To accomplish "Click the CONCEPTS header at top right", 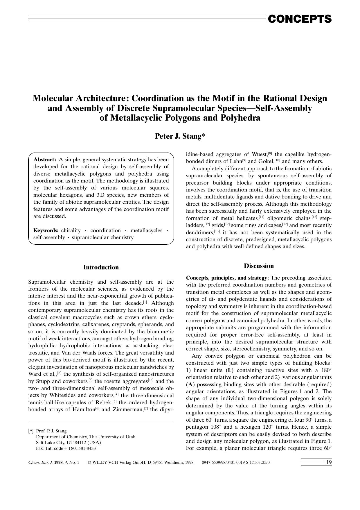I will [x=299, y=19].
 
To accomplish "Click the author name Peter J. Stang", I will [x=180, y=136].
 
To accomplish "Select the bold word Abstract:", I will [x=45, y=160].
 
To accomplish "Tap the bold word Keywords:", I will [x=46, y=230].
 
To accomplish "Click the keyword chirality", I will [x=71, y=230].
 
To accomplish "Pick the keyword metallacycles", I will [x=146, y=230].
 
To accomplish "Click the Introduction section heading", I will [x=101, y=267].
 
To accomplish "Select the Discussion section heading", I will [x=259, y=266].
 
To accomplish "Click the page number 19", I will [x=329, y=462].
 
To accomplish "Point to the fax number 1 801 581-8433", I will [x=81, y=448].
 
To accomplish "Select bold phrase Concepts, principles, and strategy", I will [x=226, y=278].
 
